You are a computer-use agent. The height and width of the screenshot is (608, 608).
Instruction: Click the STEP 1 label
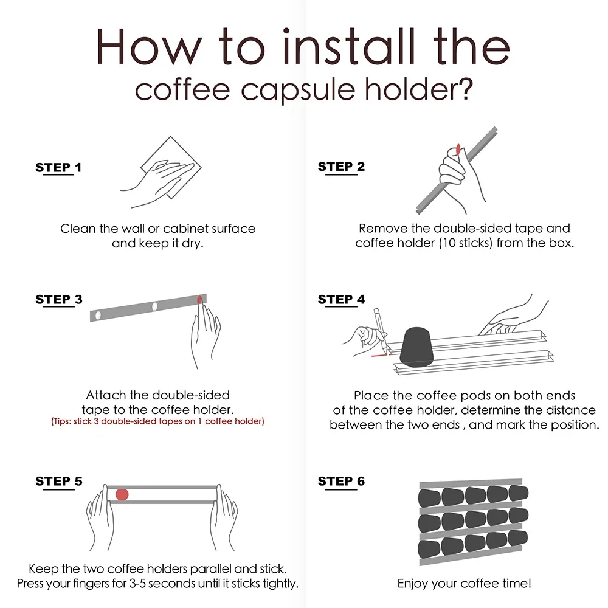[x=58, y=168]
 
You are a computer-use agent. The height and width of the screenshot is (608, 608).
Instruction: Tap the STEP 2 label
[x=341, y=167]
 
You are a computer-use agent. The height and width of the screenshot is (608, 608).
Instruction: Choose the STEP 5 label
[x=59, y=482]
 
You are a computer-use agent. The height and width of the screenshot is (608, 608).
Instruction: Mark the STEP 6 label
[x=341, y=482]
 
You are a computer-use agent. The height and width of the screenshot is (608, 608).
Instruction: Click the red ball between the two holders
[x=122, y=494]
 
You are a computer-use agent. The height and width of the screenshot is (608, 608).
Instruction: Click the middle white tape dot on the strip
[x=154, y=306]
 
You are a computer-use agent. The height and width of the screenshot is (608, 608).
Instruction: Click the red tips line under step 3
[x=157, y=421]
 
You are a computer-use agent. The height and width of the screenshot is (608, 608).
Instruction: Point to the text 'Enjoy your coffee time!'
[x=465, y=584]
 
